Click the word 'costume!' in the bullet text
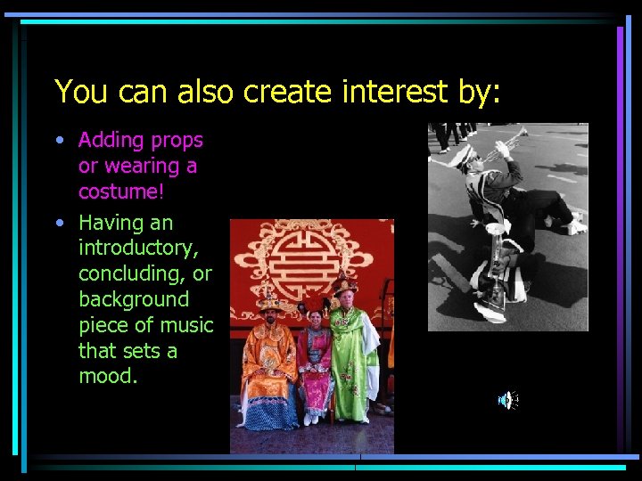point(117,192)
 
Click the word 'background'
point(134,299)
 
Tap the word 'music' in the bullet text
point(185,325)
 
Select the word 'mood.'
point(108,377)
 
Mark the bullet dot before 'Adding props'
point(59,141)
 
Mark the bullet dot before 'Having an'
point(59,223)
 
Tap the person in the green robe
point(351,356)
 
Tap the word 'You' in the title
point(77,91)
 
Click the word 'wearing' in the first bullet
point(138,167)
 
